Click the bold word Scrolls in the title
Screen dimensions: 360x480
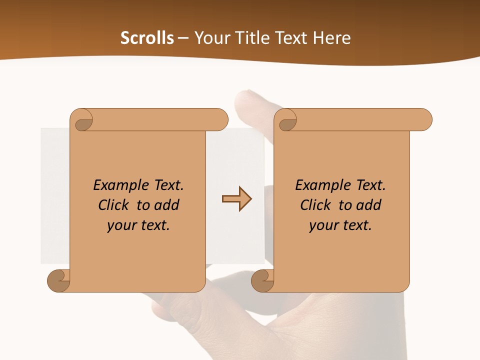(147, 38)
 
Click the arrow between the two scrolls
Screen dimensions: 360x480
(236, 199)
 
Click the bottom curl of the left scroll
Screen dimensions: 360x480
(59, 280)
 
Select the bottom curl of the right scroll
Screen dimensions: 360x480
(263, 280)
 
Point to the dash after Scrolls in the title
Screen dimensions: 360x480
(183, 38)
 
